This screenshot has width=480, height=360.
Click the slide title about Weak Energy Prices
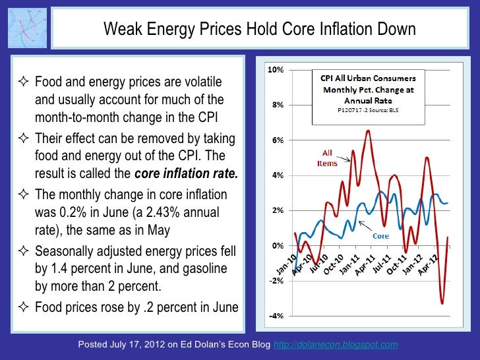260,30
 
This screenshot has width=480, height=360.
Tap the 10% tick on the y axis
276,70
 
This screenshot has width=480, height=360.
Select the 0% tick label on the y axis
278,245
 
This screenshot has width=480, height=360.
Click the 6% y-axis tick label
278,140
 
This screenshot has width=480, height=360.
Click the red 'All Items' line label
327,158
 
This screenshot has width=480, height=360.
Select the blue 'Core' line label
382,235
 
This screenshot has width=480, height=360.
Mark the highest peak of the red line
367,131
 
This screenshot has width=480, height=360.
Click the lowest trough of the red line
442,303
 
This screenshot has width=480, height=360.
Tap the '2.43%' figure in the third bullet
168,213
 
